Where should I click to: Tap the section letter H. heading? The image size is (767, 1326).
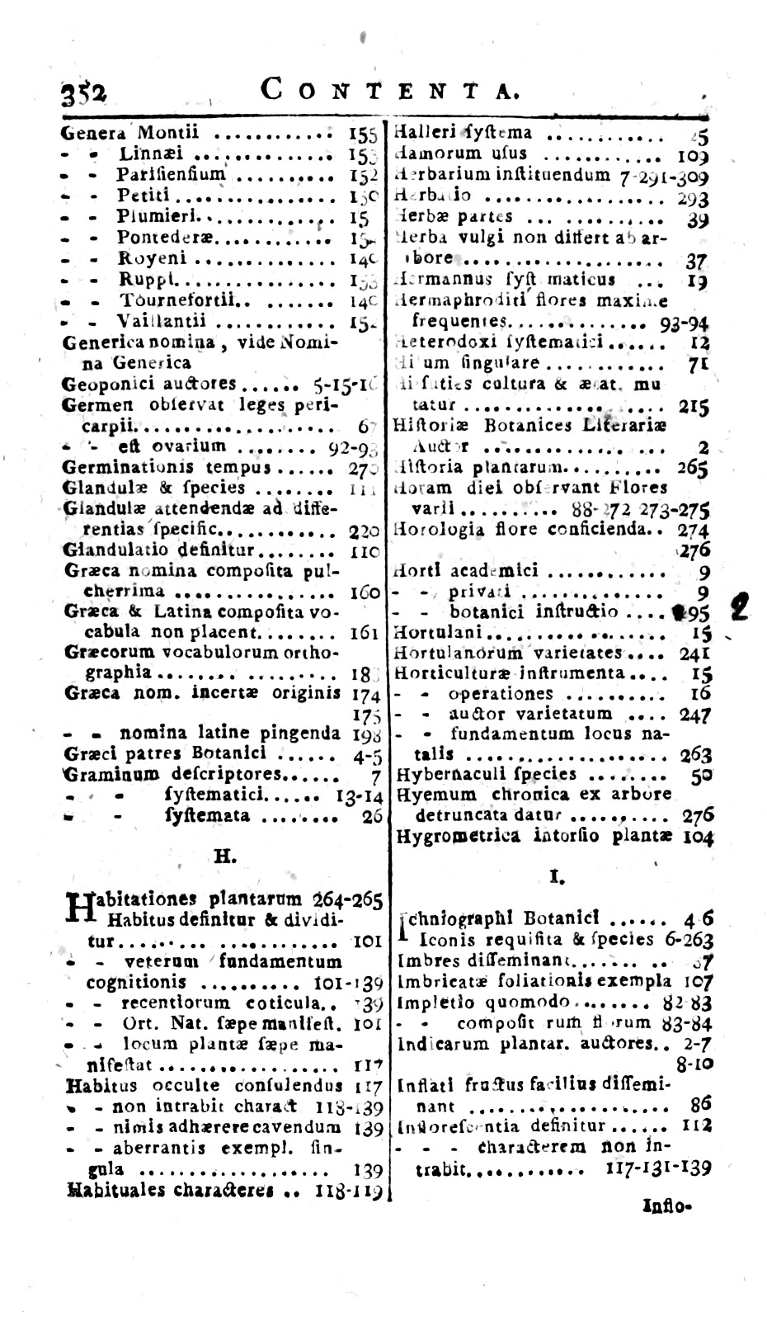pyautogui.click(x=225, y=856)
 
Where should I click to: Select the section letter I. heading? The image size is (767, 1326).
pyautogui.click(x=554, y=878)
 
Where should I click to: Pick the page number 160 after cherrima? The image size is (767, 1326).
pyautogui.click(x=364, y=592)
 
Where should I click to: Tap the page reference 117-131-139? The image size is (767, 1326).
pyautogui.click(x=657, y=1168)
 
